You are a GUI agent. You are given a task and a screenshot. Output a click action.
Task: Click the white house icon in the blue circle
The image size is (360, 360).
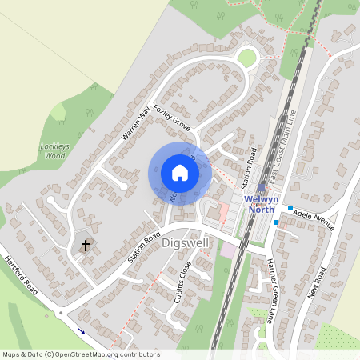tap(180, 173)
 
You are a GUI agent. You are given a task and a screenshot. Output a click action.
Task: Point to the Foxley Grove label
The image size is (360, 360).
tap(172, 116)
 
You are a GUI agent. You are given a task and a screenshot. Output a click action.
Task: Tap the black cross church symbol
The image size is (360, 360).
tap(86, 245)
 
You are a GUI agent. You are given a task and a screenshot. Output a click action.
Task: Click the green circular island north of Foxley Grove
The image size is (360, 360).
tap(248, 58)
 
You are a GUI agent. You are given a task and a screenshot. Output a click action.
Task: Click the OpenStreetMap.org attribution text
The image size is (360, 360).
tap(104, 354)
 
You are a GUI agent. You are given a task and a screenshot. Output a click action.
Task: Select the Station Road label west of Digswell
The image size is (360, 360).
tap(144, 248)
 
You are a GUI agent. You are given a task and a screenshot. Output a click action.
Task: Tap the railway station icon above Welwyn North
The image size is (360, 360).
tap(261, 187)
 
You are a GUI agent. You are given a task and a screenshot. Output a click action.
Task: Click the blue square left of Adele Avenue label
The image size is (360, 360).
tap(290, 207)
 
